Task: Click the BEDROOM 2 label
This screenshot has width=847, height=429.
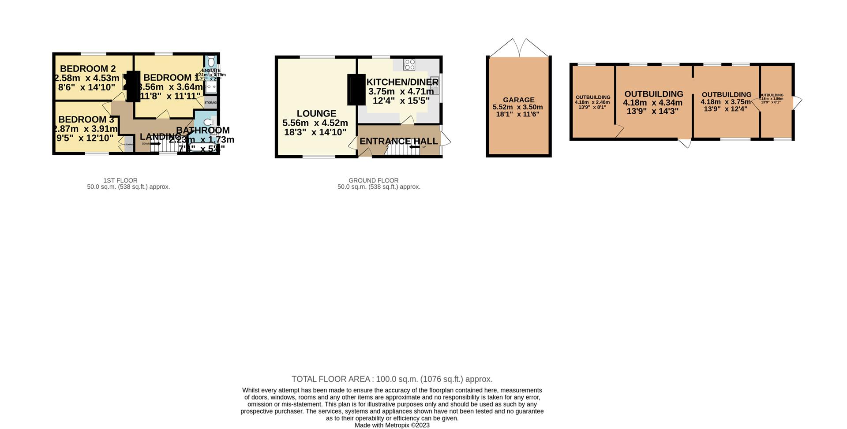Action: point(88,69)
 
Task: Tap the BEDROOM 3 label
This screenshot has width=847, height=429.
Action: point(86,119)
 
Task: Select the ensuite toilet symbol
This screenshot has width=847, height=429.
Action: point(211,60)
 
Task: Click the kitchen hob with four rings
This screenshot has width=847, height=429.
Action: point(409,64)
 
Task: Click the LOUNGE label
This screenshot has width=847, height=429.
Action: point(316,114)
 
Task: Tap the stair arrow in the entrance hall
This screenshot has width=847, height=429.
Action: point(414,147)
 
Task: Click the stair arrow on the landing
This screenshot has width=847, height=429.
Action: point(156,144)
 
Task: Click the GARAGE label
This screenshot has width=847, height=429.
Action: point(518,100)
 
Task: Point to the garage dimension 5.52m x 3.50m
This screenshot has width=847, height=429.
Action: point(517,107)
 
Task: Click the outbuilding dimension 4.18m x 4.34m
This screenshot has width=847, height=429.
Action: point(652,103)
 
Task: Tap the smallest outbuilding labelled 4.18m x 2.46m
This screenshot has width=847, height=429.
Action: point(592,102)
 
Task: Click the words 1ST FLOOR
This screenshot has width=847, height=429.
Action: point(120,180)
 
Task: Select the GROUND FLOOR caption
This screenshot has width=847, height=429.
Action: point(373,180)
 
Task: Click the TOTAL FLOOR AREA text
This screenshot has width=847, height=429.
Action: point(331,379)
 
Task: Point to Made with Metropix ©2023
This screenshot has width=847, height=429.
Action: point(392,425)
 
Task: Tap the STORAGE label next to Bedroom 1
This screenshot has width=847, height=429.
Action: point(211,103)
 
